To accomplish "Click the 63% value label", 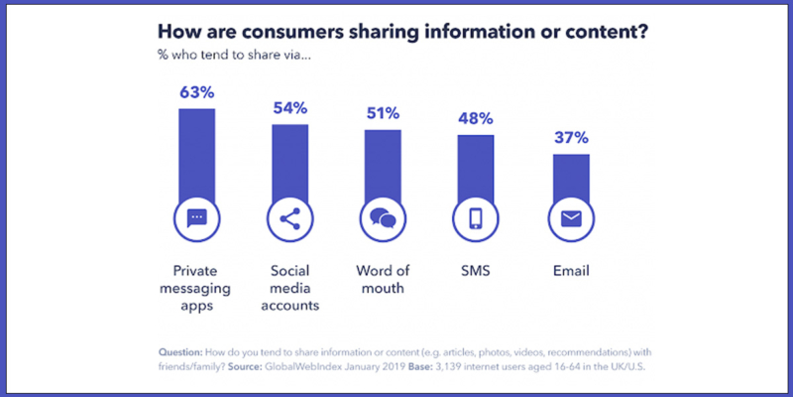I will tap(196, 93).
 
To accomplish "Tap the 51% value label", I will tap(383, 114).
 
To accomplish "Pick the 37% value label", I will tap(570, 139).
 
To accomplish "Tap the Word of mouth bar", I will tap(383, 164).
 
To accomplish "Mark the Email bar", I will tap(570, 176).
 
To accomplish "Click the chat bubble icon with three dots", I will tap(196, 218).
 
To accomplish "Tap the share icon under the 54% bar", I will tap(289, 218).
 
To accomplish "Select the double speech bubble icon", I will tap(383, 218).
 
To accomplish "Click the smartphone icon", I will tap(476, 218).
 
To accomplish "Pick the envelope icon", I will tap(570, 218).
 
